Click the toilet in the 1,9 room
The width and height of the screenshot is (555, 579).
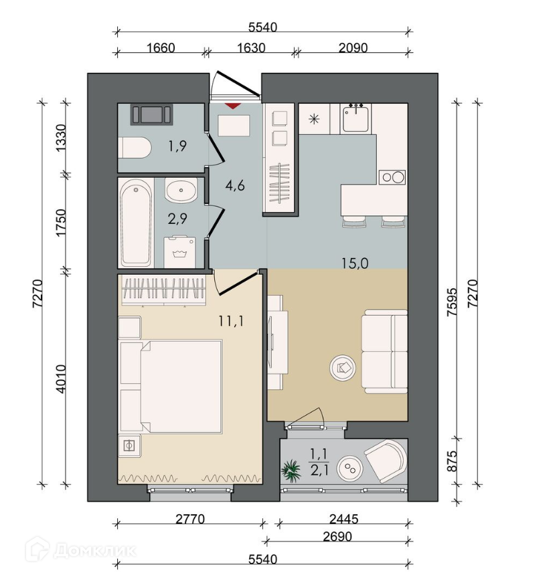point(135,148)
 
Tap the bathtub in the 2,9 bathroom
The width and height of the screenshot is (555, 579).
point(136,223)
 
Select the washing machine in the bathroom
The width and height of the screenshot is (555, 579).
point(179,252)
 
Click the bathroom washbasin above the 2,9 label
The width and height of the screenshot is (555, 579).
point(181,190)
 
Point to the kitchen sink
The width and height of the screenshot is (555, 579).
point(355,118)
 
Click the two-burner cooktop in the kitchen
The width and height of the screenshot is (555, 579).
point(392,177)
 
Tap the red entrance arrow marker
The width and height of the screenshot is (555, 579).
point(234,106)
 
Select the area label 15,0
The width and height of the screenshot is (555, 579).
point(355,263)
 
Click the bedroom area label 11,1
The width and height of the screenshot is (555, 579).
point(231,321)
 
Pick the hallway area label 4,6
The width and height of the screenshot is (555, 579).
point(235,185)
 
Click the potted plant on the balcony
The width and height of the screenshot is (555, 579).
point(291,471)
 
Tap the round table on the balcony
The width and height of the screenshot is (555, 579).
point(349,468)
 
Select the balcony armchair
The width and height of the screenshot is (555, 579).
point(385,461)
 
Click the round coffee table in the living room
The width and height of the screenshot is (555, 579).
point(343,368)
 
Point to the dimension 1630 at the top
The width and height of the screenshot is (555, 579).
point(251,48)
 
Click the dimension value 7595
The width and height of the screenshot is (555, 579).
point(452,302)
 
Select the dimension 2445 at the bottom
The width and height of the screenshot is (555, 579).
point(344,519)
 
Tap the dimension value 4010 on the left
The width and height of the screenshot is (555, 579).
point(60,379)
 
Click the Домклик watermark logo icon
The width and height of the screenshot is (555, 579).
point(37,549)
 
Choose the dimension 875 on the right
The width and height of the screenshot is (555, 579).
point(452,461)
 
